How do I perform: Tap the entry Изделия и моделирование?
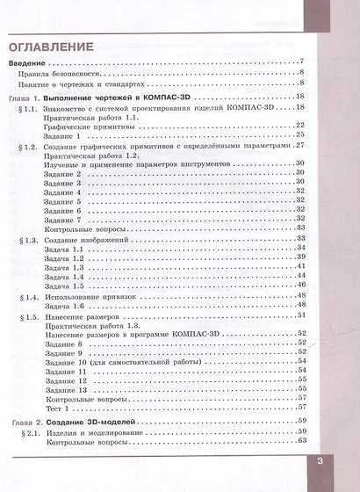coord(98,434)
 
